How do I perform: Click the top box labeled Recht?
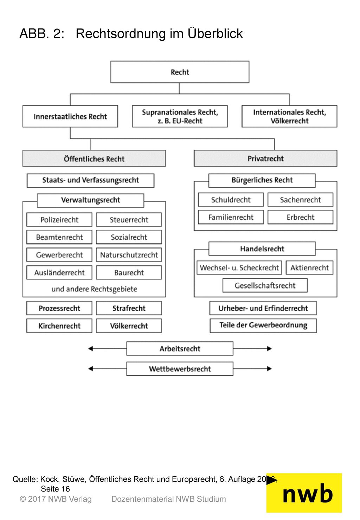pyautogui.click(x=180, y=72)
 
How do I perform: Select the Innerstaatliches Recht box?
pyautogui.click(x=70, y=116)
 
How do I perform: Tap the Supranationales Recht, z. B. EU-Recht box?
pyautogui.click(x=180, y=116)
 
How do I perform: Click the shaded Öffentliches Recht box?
pyautogui.click(x=94, y=159)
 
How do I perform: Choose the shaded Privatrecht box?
pyautogui.click(x=265, y=159)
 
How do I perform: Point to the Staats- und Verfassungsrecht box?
pyautogui.click(x=90, y=180)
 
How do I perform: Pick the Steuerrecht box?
pyautogui.click(x=129, y=220)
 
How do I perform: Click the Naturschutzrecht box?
pyautogui.click(x=129, y=255)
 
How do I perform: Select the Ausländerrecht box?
pyautogui.click(x=59, y=272)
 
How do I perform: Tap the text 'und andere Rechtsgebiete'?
pyautogui.click(x=94, y=289)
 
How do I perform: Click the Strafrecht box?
pyautogui.click(x=129, y=308)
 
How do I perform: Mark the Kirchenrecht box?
pyautogui.click(x=59, y=326)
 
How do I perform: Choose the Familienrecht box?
pyautogui.click(x=231, y=217)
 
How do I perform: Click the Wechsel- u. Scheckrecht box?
pyautogui.click(x=239, y=268)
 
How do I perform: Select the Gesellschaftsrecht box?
pyautogui.click(x=265, y=285)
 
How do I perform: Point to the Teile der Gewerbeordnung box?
pyautogui.click(x=263, y=326)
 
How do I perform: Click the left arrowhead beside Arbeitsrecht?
pyautogui.click(x=91, y=348)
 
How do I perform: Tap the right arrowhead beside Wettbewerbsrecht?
pyautogui.click(x=269, y=369)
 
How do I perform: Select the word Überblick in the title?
pyautogui.click(x=215, y=33)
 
